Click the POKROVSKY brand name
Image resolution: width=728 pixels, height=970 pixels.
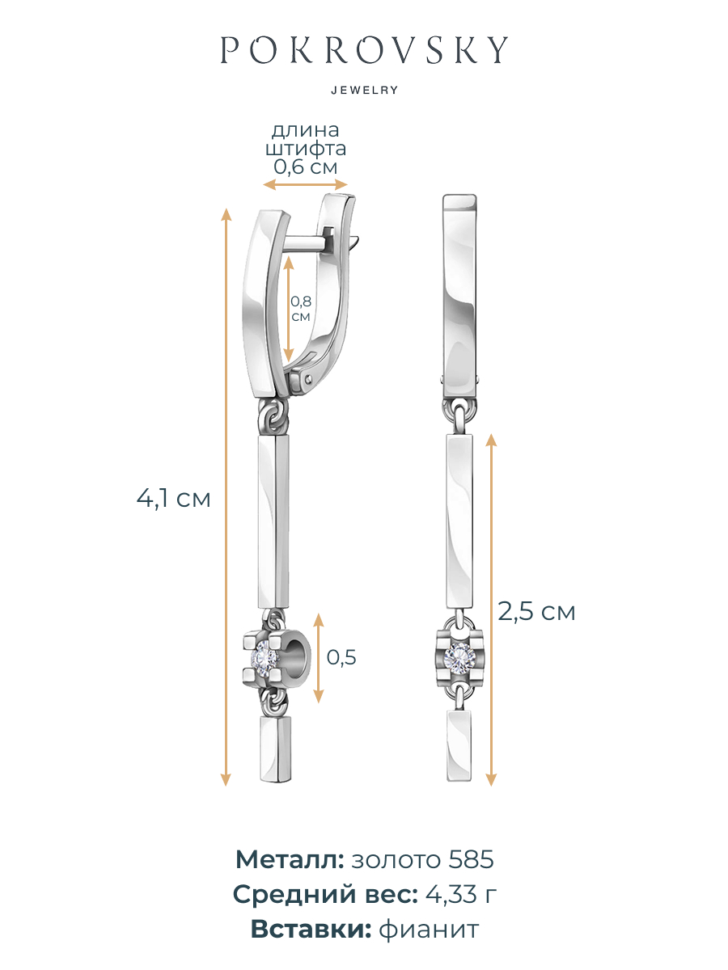[364, 49]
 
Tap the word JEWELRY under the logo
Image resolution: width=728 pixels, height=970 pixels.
[365, 91]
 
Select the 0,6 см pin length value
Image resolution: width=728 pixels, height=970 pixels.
[306, 167]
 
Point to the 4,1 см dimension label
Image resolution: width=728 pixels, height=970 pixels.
[173, 499]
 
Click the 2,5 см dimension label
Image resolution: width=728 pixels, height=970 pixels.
[536, 612]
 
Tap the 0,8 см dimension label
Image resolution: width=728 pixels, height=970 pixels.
[301, 309]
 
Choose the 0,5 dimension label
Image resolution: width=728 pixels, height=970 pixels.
[341, 657]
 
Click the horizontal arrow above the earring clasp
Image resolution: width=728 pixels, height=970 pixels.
[306, 184]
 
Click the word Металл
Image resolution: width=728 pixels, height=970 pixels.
[290, 859]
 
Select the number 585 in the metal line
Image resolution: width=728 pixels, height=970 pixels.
[472, 859]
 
